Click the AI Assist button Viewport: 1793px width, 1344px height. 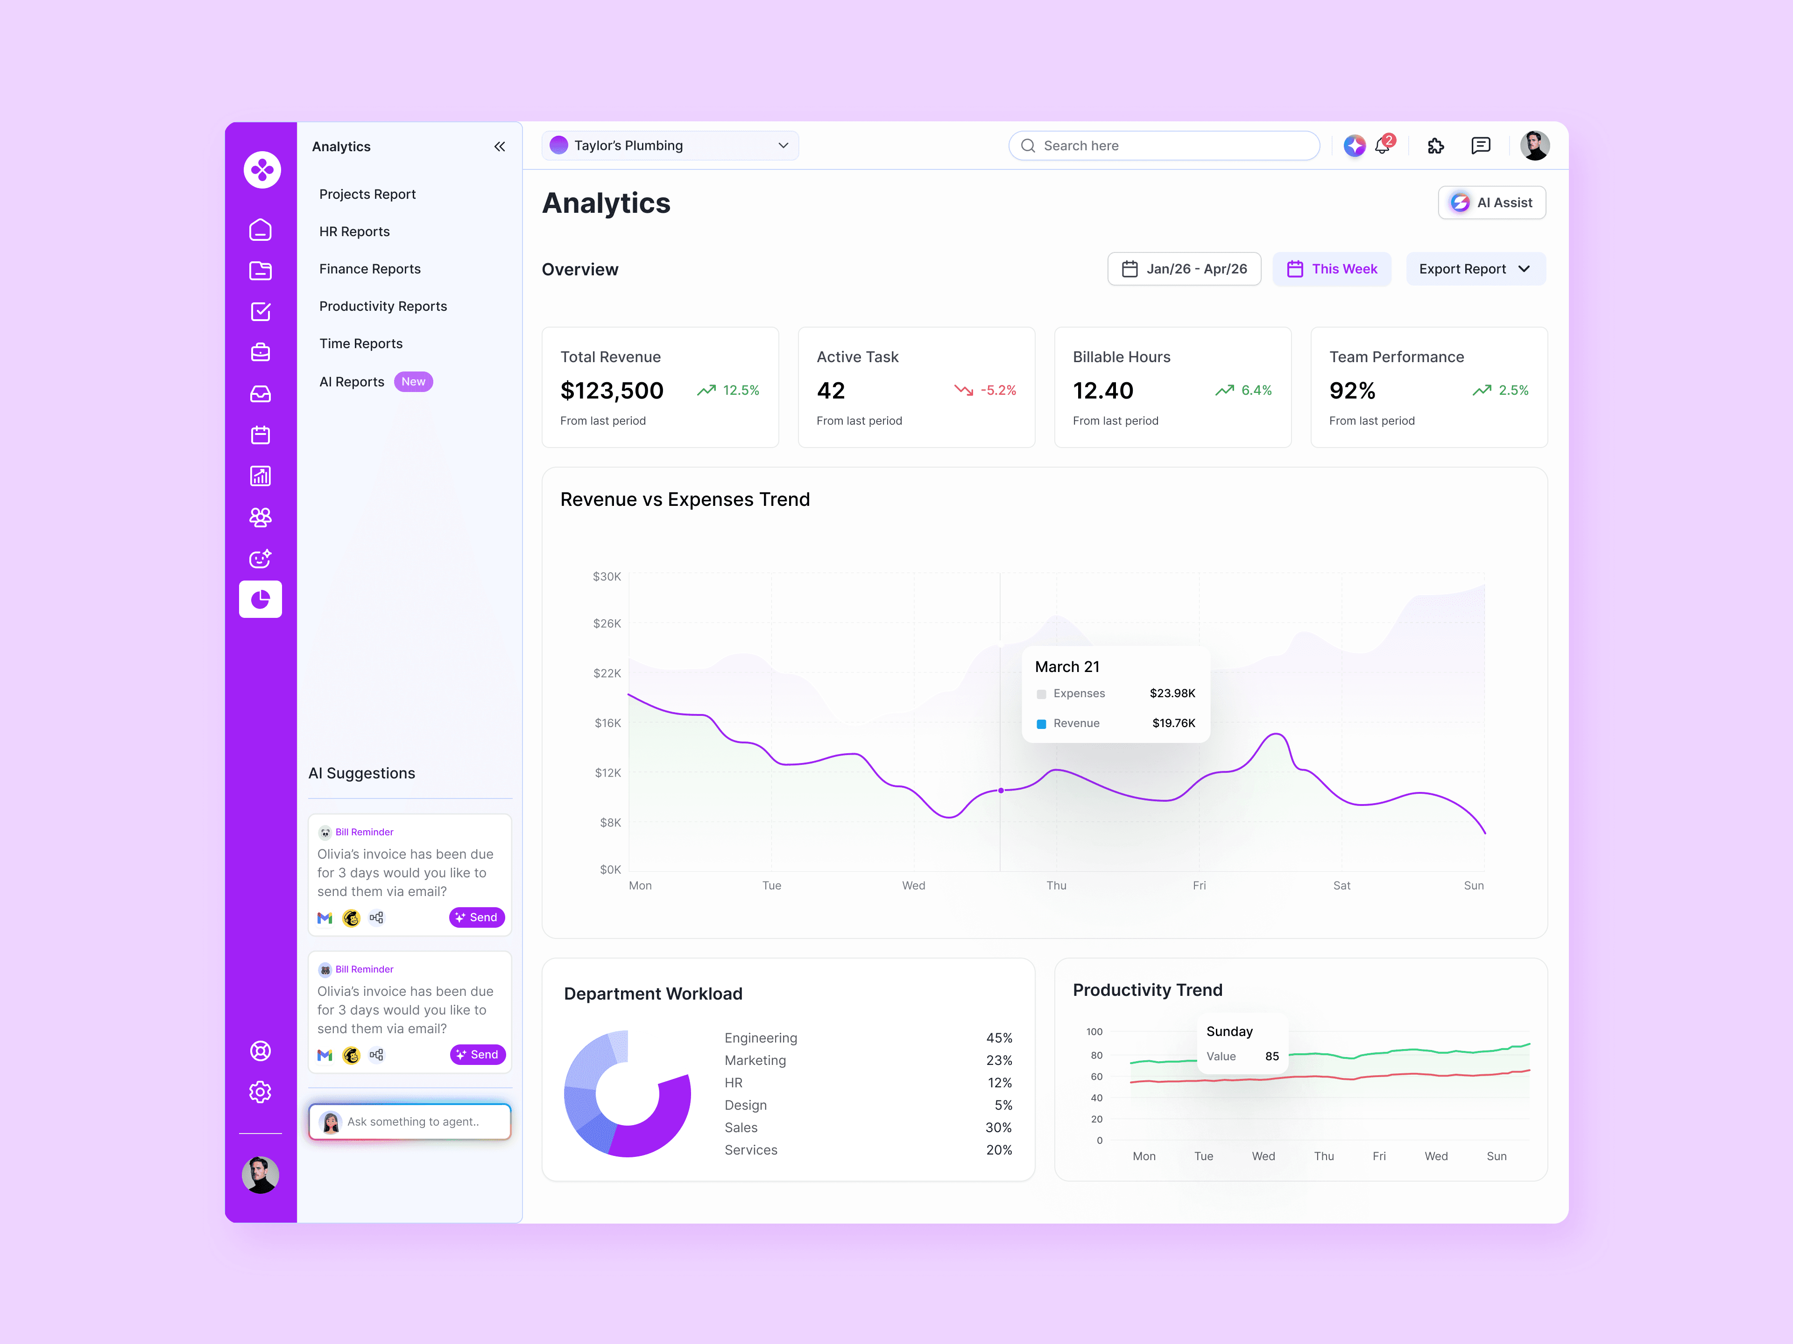(1491, 203)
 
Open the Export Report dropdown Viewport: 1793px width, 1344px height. (1475, 269)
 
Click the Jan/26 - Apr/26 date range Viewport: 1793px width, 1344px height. (1184, 269)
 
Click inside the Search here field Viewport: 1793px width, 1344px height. (1164, 146)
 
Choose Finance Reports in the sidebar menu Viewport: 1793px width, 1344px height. (370, 269)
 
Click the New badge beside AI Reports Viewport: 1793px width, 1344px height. (413, 382)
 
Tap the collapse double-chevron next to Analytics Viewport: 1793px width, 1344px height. (499, 147)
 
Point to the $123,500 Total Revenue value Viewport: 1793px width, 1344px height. (612, 391)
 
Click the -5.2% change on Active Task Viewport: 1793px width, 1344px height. (998, 391)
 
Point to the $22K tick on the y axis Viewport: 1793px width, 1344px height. (607, 673)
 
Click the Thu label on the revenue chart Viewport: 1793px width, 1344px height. (1056, 885)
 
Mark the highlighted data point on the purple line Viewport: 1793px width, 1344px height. (1001, 790)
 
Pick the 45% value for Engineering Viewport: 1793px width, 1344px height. (999, 1038)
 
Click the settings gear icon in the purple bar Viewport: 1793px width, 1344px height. (260, 1092)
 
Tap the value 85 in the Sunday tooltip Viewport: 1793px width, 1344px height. (1272, 1057)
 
